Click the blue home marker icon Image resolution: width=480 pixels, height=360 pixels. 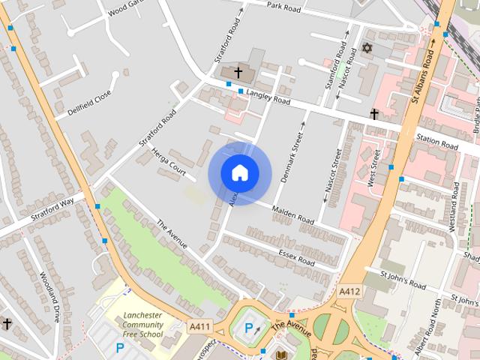pos(239,173)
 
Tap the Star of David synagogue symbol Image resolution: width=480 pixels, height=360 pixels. pos(367,49)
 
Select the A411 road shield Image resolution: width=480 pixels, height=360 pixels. pos(199,326)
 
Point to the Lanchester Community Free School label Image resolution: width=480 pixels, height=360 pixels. pos(143,325)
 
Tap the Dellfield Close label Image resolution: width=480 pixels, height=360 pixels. pos(88,104)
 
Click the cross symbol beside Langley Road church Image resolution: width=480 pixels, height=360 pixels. pos(238,73)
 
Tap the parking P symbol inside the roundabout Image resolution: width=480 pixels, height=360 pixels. pos(249,328)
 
